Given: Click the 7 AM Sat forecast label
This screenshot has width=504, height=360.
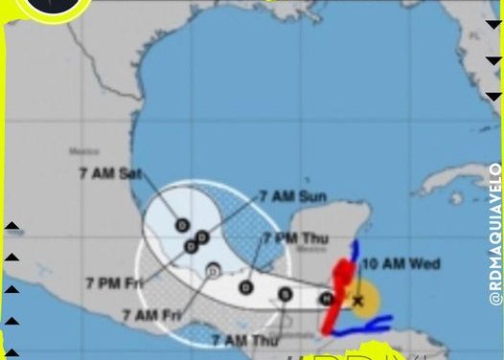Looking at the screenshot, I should click(110, 173).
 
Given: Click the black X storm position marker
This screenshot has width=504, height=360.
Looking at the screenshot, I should click(358, 301).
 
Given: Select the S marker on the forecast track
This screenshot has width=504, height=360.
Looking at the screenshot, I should click(285, 294).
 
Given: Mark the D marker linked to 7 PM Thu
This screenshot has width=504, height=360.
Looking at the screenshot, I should click(246, 286).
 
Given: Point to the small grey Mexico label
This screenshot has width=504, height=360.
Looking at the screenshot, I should click(84, 151).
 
